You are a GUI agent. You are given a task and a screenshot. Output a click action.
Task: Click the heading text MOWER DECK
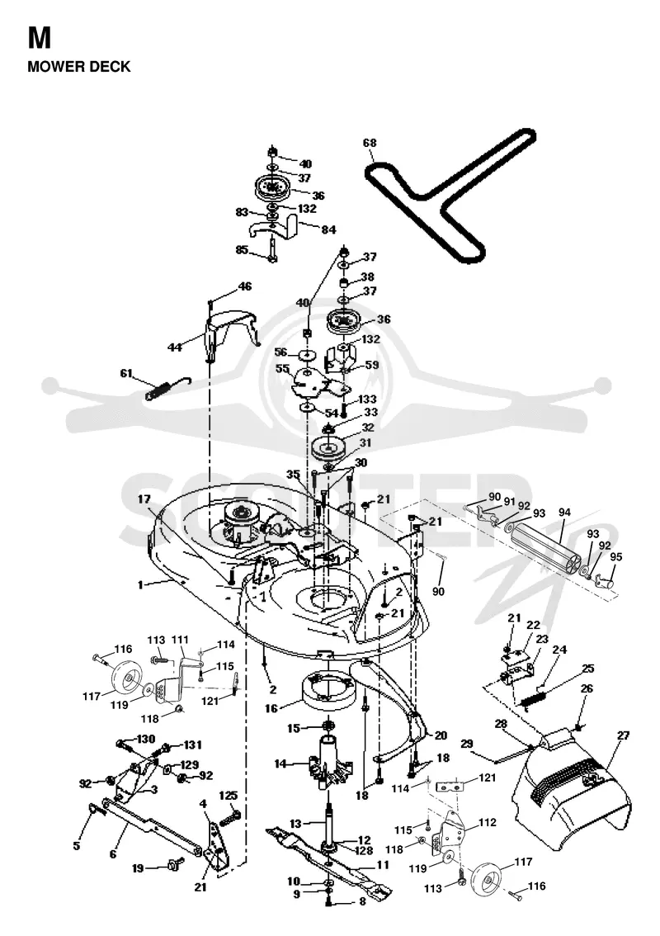point(78,66)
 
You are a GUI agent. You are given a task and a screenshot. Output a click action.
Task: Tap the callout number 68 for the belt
point(370,144)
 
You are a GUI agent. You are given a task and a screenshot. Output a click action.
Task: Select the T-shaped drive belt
point(450,194)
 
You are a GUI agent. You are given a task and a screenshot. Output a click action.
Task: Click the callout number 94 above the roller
point(564,513)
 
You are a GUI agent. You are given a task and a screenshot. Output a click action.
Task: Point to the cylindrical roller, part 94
point(546,546)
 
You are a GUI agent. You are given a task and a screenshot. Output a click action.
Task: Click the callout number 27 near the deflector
point(623,735)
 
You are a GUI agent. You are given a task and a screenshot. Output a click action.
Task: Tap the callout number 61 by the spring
point(126,373)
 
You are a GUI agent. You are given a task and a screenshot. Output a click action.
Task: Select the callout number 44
point(174,347)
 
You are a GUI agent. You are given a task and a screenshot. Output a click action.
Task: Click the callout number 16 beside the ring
point(271,708)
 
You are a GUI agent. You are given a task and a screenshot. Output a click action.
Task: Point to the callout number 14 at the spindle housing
point(280,763)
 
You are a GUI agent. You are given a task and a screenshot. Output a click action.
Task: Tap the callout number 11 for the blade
point(383,864)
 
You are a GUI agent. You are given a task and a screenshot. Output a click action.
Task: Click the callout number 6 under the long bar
point(113,854)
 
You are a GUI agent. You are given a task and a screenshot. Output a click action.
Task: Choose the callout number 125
point(229,796)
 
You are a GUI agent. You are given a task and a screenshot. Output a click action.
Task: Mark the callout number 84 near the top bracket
point(328,229)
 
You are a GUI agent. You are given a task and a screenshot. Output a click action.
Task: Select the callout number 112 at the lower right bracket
point(487,823)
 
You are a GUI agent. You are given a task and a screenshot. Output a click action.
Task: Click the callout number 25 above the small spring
point(587,668)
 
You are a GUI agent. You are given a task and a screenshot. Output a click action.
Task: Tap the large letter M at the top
point(40,38)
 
